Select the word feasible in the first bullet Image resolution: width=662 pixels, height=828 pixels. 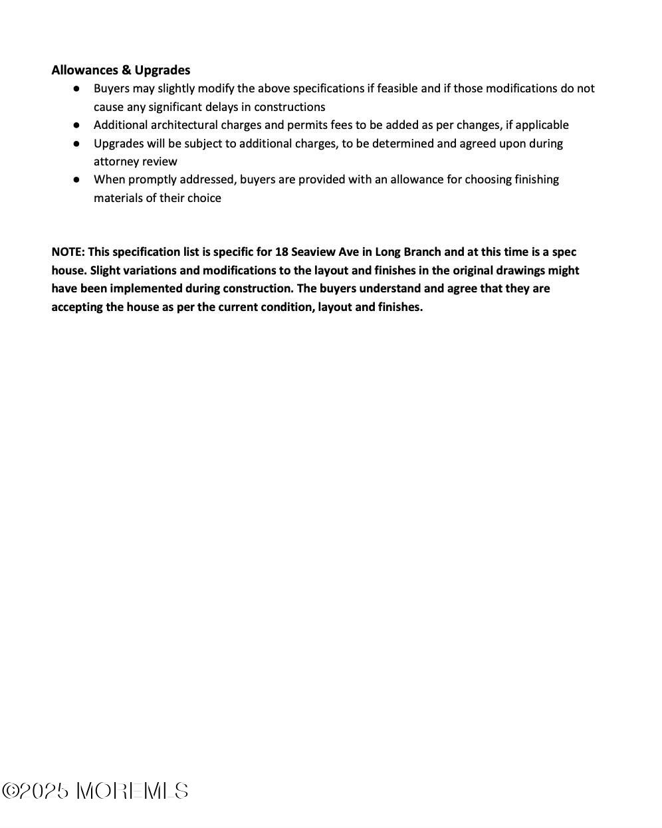[397, 88]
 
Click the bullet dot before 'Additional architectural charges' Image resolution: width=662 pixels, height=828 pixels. [77, 125]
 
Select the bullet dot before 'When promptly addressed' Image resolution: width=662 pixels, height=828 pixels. [77, 179]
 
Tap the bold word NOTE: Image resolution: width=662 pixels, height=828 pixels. [68, 252]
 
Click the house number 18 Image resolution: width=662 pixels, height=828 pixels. [281, 252]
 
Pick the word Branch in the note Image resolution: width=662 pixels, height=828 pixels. [421, 252]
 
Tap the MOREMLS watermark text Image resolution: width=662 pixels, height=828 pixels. [132, 791]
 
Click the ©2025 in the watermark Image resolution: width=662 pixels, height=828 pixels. [36, 791]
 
